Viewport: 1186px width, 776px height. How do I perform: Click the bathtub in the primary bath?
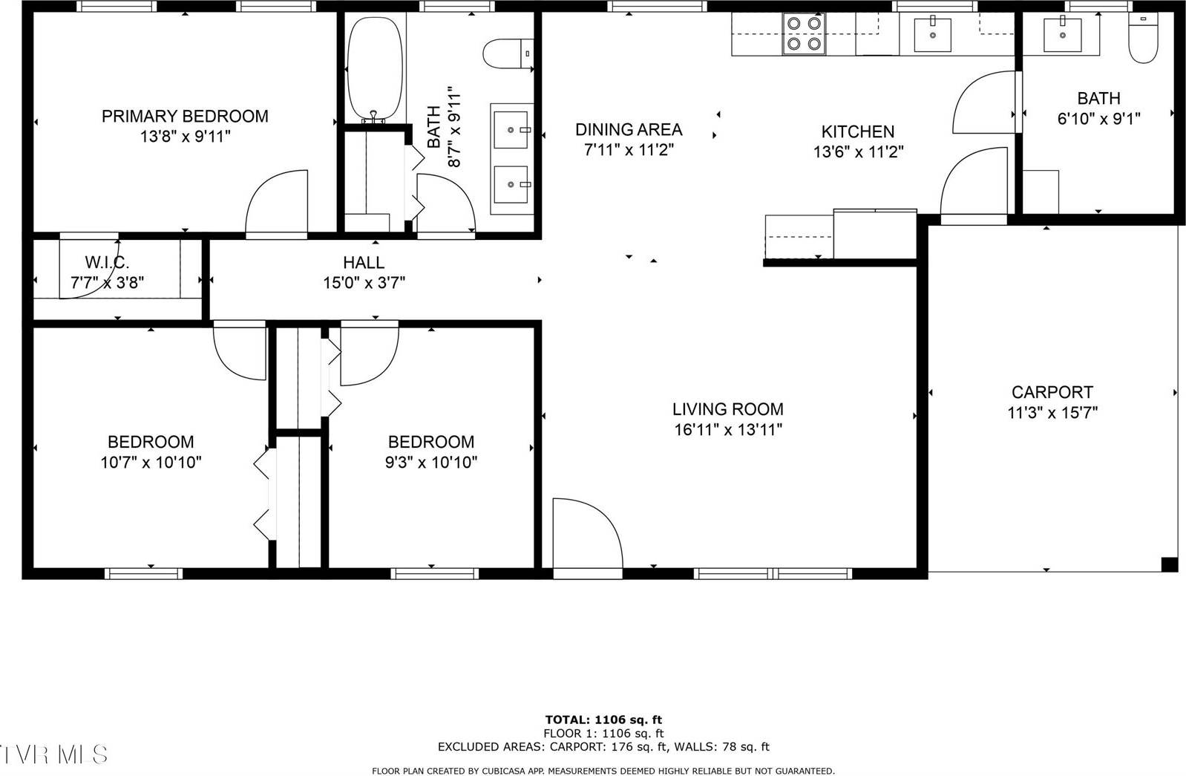coord(375,67)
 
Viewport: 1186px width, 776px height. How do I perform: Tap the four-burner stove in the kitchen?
coord(804,34)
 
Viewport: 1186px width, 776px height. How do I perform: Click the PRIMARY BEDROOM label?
coord(185,117)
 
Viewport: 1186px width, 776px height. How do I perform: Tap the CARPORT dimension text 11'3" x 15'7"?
coord(1052,413)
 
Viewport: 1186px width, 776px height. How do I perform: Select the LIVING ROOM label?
coord(727,409)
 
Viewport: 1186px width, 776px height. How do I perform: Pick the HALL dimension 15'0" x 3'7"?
coord(364,283)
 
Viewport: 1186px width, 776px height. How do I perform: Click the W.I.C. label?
coord(108,262)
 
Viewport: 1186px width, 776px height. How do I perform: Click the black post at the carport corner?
coord(1169,564)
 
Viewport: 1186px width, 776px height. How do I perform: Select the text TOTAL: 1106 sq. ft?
coord(603,719)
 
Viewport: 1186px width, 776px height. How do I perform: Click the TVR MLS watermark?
coord(54,754)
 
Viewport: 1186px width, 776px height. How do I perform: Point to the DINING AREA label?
coord(629,130)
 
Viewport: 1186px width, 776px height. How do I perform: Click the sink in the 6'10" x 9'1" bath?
coord(1062,34)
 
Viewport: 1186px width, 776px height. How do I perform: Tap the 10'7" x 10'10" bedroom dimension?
coord(151,463)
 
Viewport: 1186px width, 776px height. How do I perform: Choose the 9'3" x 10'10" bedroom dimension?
coord(430,463)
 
